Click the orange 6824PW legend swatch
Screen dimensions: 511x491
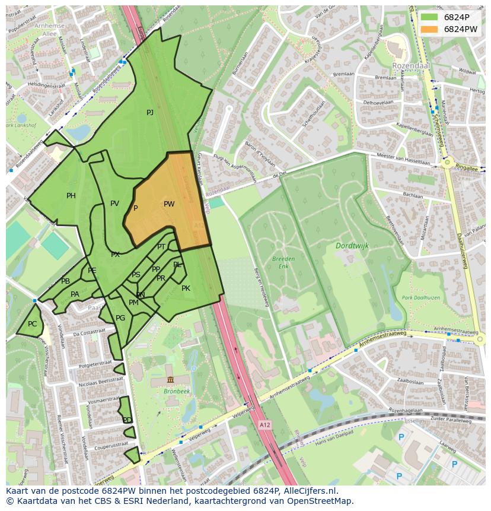430,29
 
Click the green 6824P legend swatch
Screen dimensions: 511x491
430,17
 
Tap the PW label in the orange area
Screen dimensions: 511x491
169,204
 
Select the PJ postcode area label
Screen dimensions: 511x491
150,113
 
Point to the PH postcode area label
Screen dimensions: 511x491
71,196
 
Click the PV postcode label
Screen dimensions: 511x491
114,204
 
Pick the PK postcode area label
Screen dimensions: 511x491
186,288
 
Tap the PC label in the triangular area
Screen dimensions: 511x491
32,324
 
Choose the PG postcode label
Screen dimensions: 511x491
120,318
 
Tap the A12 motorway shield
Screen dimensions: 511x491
264,425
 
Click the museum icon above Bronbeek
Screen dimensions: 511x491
170,380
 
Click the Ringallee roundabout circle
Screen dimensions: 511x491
448,161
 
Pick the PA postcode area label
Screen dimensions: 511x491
75,294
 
